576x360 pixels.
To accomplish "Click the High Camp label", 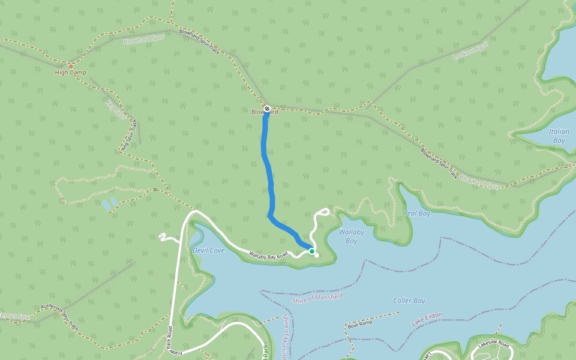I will tap(70, 73).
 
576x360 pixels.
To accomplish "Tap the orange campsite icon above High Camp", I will tap(71, 65).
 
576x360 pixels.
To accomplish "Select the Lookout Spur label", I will tap(471, 51).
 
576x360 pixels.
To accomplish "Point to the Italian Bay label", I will tap(558, 136).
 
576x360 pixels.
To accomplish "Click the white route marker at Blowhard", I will tap(267, 109).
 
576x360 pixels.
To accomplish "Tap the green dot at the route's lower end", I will tap(312, 251).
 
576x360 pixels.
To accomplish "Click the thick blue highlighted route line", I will tap(266, 162).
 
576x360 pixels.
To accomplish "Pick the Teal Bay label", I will tap(418, 213).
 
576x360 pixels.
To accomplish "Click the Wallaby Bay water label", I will tap(351, 236).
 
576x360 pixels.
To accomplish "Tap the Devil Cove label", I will tap(209, 250).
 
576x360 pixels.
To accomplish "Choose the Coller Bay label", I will tap(409, 301).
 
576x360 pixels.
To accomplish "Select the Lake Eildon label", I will tap(427, 319).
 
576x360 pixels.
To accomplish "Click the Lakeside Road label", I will tap(493, 344).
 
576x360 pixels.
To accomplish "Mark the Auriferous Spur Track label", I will tap(60, 317).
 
